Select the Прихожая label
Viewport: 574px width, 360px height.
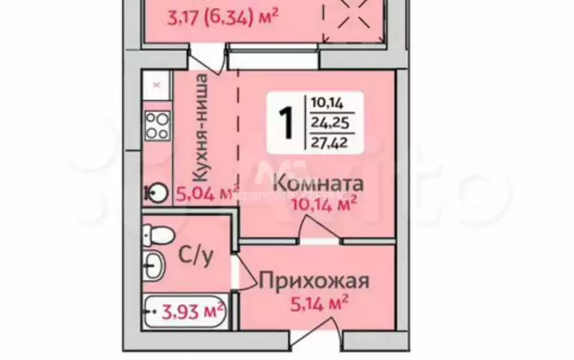click(314, 281)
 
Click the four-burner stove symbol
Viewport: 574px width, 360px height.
click(157, 125)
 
